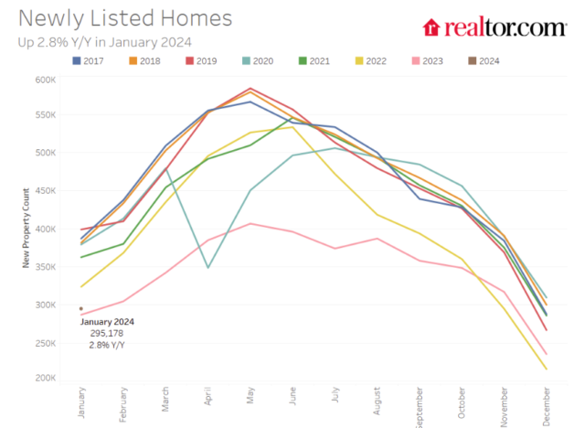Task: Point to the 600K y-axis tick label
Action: (x=46, y=80)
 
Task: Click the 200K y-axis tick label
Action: (x=46, y=378)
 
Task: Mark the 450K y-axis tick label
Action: (x=46, y=191)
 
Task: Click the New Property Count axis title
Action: (x=27, y=229)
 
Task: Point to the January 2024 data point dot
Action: (x=81, y=309)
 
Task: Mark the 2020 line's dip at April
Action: (x=207, y=267)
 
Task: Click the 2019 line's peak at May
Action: (x=250, y=89)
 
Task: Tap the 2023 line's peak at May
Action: (x=250, y=223)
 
